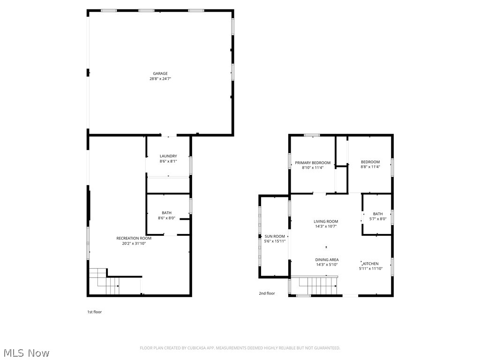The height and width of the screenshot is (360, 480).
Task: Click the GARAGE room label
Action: click(160, 73)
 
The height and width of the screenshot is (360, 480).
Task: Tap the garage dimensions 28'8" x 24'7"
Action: click(160, 79)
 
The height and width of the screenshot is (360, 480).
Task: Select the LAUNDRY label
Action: click(168, 156)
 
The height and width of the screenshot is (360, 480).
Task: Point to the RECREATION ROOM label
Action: click(134, 238)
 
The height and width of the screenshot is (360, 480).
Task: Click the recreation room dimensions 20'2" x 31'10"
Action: click(134, 243)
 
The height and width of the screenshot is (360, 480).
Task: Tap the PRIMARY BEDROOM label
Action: click(313, 163)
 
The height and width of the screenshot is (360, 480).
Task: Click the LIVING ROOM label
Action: click(326, 221)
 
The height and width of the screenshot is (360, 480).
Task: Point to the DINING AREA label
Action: click(327, 260)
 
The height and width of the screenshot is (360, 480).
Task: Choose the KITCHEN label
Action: click(371, 263)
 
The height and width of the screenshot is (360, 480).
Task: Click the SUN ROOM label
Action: click(275, 236)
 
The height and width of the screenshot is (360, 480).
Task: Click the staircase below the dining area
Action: click(318, 285)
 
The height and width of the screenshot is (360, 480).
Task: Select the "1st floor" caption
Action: click(94, 312)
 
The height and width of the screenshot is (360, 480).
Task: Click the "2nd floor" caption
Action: click(267, 293)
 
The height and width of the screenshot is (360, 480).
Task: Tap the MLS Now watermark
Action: click(26, 352)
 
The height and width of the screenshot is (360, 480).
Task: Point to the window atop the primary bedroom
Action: click(312, 135)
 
